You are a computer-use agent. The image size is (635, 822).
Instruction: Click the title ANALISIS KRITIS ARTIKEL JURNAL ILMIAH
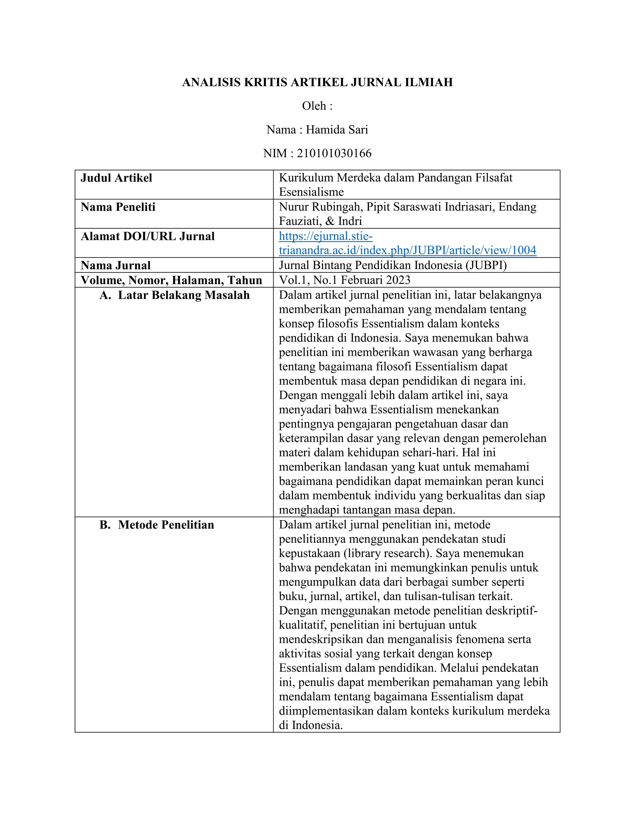tap(317, 82)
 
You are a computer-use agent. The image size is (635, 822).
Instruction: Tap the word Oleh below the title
tap(314, 106)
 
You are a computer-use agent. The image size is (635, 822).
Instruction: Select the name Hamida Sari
tap(337, 130)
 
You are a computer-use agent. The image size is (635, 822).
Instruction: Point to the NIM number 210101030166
tap(334, 154)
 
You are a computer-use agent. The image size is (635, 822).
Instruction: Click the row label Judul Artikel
tap(116, 178)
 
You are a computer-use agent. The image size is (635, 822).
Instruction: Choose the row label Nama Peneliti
tap(118, 207)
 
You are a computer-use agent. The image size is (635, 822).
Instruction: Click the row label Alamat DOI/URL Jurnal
tap(148, 236)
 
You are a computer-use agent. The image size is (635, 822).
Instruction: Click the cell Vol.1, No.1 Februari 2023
tap(344, 280)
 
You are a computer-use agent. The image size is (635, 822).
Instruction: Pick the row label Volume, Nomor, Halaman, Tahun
tap(171, 280)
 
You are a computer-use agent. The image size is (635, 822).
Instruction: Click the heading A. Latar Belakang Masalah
tap(175, 295)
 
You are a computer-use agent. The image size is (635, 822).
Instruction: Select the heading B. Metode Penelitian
tap(157, 525)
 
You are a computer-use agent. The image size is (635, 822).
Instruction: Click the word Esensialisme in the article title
tap(311, 192)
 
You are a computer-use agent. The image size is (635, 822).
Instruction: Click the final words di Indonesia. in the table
tap(311, 725)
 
